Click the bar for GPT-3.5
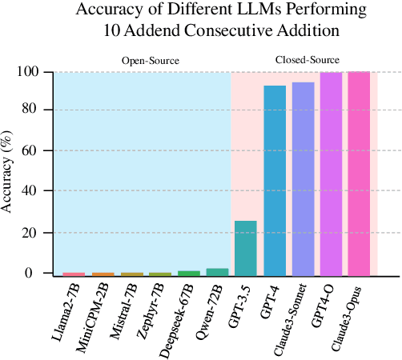click(245, 247)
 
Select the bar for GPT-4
click(275, 180)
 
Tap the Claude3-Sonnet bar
click(303, 178)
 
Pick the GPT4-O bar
click(331, 174)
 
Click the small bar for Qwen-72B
click(217, 271)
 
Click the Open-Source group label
click(150, 61)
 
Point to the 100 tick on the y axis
click(29, 72)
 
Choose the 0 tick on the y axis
click(36, 274)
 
